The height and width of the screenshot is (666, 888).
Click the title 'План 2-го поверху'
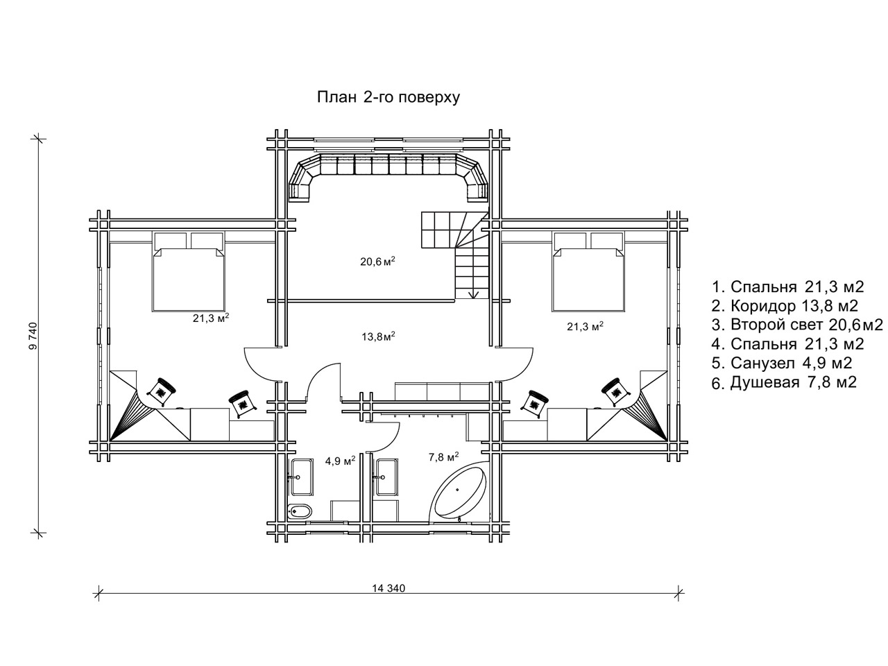[x=388, y=98]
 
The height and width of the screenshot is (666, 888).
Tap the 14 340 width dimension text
[x=388, y=588]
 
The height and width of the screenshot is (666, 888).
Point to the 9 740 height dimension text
[x=33, y=335]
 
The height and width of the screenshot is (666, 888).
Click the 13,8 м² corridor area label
[x=378, y=336]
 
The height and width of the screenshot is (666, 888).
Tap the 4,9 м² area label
[x=340, y=461]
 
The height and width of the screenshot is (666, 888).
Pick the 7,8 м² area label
[x=444, y=457]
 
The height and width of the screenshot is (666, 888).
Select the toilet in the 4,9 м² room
[x=300, y=511]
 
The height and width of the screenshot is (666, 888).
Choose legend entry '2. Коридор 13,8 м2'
[x=785, y=306]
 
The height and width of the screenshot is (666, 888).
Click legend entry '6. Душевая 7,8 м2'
[x=784, y=382]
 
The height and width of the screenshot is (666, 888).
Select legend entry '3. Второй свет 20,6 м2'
[x=797, y=325]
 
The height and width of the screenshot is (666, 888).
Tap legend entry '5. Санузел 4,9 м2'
[x=782, y=363]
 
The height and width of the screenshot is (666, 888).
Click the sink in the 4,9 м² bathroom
[x=301, y=477]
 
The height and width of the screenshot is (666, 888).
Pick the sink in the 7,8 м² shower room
[x=386, y=477]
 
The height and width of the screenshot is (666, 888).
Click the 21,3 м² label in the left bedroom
[x=211, y=318]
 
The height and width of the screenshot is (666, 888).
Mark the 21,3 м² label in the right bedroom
[x=585, y=326]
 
